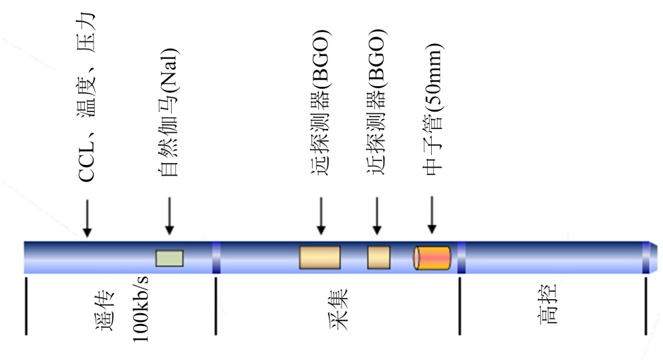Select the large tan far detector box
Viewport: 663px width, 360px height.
pyautogui.click(x=319, y=257)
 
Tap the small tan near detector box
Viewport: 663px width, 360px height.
pyautogui.click(x=378, y=257)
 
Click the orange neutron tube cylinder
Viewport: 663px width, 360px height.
pyautogui.click(x=432, y=258)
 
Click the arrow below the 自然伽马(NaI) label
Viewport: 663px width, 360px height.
pyautogui.click(x=169, y=216)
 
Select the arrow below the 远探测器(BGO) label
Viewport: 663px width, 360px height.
pyautogui.click(x=321, y=216)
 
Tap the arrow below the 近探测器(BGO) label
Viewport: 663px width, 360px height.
pyautogui.click(x=377, y=216)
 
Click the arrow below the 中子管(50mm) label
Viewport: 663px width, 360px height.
pyautogui.click(x=432, y=216)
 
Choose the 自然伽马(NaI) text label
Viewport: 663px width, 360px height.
pyautogui.click(x=169, y=114)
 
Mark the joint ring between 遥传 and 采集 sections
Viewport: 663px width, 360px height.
pyautogui.click(x=216, y=258)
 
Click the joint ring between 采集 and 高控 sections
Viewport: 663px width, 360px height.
pyautogui.click(x=461, y=258)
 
